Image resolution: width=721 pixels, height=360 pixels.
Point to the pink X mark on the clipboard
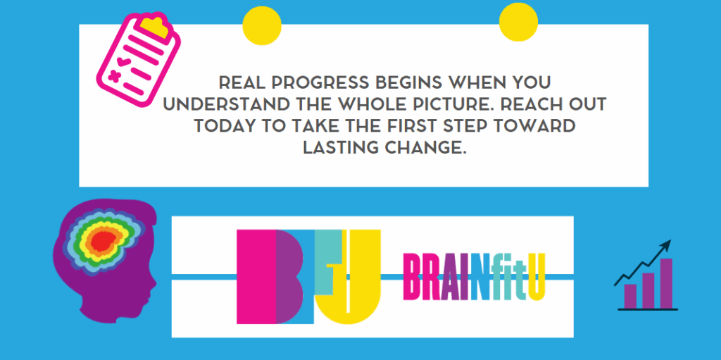[x=113, y=75]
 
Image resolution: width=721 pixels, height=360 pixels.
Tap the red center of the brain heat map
[x=104, y=242]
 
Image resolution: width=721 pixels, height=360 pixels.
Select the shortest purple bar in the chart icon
[x=631, y=295]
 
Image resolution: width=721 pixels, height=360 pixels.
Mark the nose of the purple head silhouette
[x=154, y=282]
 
